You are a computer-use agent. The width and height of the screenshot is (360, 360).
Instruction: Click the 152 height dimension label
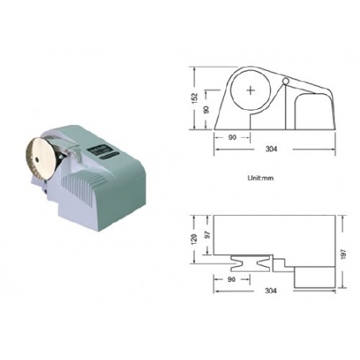pyautogui.click(x=195, y=98)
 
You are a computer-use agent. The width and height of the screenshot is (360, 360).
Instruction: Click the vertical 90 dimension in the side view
pyautogui.click(x=206, y=109)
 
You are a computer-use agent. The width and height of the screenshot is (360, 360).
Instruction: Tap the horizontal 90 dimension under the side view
pyautogui.click(x=232, y=137)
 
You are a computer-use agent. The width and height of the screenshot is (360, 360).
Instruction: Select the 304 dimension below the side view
pyautogui.click(x=271, y=149)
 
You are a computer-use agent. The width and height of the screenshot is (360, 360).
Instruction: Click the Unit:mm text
pyautogui.click(x=260, y=178)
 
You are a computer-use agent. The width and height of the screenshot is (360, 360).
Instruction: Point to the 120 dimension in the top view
pyautogui.click(x=194, y=239)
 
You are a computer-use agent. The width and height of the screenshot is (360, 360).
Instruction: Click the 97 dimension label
pyautogui.click(x=207, y=234)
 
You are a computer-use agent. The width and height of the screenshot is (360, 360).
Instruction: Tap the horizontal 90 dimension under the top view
pyautogui.click(x=232, y=280)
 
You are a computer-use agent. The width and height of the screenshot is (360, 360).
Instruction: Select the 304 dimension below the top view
pyautogui.click(x=271, y=291)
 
